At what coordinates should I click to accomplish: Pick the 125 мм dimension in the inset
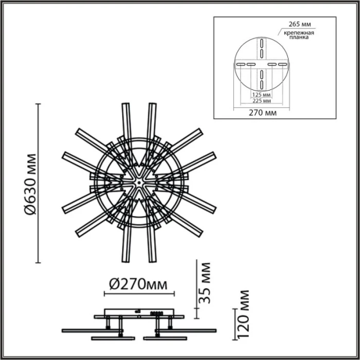262,95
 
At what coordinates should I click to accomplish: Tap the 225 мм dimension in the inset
262,101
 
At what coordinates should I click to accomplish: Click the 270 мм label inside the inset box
262,112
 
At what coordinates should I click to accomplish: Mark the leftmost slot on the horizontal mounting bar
240,64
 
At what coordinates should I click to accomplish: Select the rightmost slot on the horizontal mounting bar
282,64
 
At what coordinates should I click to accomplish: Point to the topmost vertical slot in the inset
261,43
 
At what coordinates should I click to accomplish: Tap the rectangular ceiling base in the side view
139,312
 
